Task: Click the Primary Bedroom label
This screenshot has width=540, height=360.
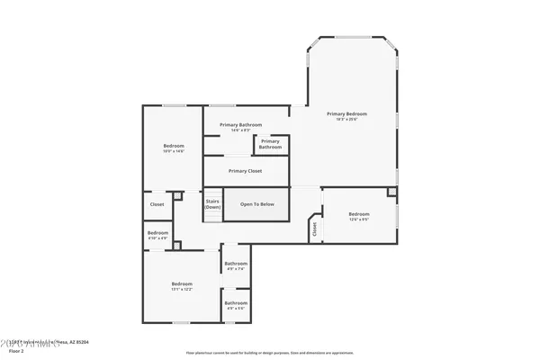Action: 346,114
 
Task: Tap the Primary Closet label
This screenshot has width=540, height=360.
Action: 245,170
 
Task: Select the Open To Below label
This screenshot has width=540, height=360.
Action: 256,204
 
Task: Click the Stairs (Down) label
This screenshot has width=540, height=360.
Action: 212,204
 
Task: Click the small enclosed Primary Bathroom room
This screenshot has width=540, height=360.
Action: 271,144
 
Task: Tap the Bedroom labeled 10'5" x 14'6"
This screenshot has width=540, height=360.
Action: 174,148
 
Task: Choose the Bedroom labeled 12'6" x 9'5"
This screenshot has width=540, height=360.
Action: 359,216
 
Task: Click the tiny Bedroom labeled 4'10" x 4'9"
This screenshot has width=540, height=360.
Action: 157,235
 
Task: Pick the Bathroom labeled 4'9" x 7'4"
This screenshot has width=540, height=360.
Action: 235,265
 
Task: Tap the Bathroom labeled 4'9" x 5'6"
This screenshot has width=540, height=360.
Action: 235,305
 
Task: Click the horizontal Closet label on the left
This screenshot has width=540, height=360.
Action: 157,204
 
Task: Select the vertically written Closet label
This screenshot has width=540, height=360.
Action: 315,229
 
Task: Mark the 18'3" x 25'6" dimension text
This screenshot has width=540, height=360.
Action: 346,120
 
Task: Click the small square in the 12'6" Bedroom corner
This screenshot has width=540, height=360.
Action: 391,192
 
